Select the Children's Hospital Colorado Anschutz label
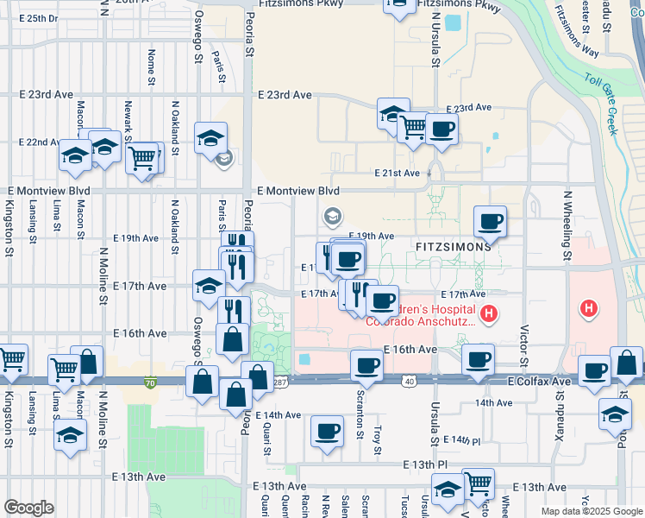(422, 315)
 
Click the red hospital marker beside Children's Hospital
(489, 314)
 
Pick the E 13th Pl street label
(430, 464)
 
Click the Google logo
(29, 507)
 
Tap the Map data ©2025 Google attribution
(591, 511)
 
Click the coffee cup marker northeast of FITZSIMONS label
(490, 222)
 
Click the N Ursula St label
(435, 41)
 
